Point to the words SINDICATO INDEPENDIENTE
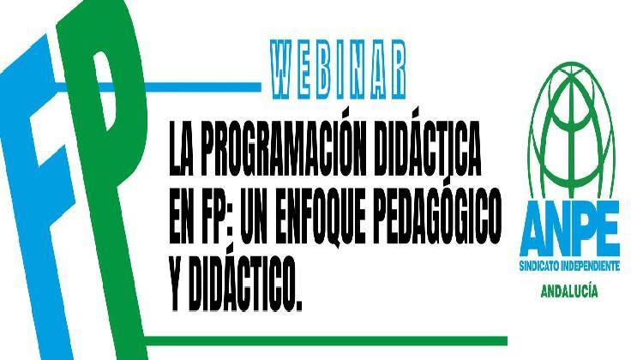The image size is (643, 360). click(568, 268)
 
